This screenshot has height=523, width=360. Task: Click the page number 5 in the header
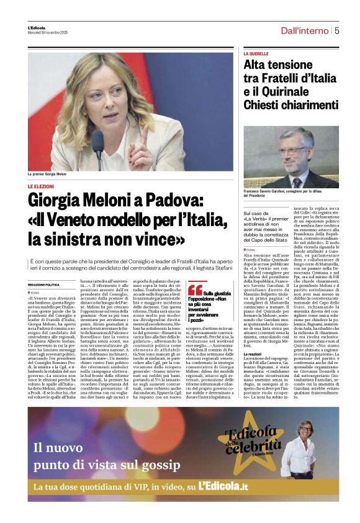coord(336,29)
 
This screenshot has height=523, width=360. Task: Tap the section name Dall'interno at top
coord(304,30)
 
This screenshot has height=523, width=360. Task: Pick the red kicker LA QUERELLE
coord(256,54)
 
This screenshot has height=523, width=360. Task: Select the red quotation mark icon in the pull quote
coord(195,289)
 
